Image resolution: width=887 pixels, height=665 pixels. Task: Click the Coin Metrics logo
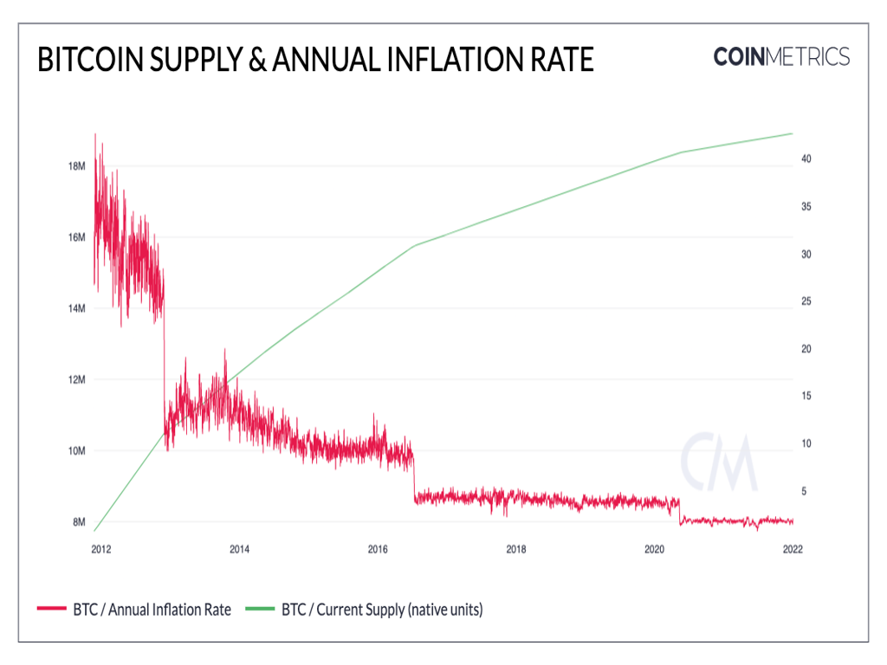pos(781,57)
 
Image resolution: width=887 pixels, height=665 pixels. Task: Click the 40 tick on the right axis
pos(806,160)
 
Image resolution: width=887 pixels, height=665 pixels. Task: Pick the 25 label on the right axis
pos(806,302)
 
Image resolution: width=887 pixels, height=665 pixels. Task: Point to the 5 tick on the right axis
pos(804,491)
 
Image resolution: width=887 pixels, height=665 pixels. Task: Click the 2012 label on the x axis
pos(100,548)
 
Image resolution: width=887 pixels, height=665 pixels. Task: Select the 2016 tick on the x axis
pos(378,548)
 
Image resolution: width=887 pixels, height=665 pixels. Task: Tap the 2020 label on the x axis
pos(655,548)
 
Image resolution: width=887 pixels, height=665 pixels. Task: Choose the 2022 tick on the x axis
pos(792,548)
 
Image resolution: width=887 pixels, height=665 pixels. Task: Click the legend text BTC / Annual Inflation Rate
pos(151,610)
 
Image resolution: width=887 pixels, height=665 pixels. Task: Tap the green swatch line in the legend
pos(260,610)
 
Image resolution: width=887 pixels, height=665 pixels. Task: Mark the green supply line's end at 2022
pos(792,133)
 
